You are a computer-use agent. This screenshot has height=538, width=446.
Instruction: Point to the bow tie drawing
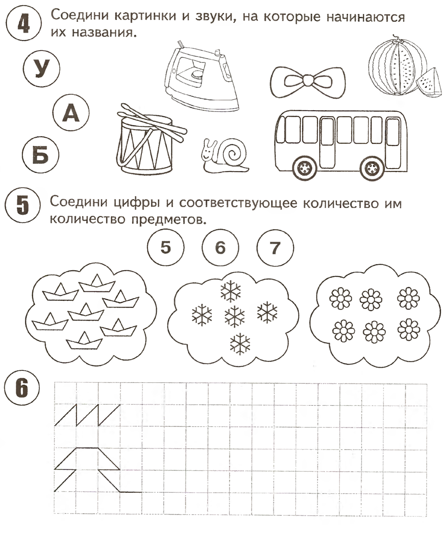[x=309, y=80]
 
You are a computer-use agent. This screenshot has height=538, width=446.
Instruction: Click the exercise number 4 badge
[x=21, y=22]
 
